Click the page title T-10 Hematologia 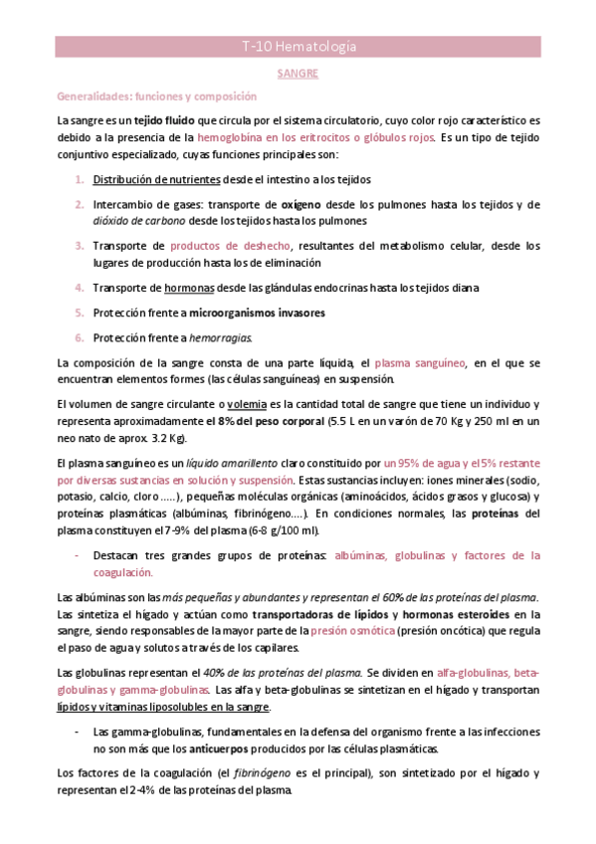click(x=298, y=48)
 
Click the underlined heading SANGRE click(x=298, y=74)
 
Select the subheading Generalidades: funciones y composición click(x=156, y=97)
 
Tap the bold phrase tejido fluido click(x=160, y=120)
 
